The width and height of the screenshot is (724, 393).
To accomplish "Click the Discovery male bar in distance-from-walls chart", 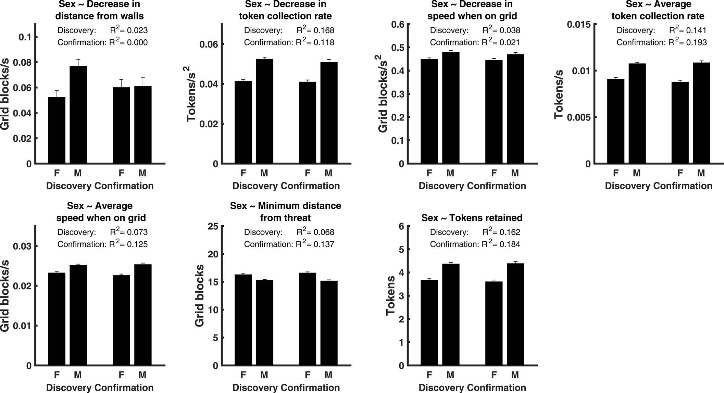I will [78, 115].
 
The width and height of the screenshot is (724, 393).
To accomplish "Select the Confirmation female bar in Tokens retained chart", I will [494, 324].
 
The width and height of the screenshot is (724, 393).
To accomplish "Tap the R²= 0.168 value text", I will [315, 30].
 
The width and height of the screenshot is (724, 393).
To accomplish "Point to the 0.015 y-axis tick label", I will [578, 24].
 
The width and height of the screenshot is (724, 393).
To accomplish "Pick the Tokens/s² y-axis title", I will [191, 94].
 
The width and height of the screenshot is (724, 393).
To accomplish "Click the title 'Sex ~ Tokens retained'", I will [472, 218].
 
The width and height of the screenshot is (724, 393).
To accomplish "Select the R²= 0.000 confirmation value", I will [129, 42].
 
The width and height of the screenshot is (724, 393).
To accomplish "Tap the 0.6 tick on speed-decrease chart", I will [398, 24].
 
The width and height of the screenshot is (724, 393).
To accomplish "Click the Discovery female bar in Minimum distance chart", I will [243, 320].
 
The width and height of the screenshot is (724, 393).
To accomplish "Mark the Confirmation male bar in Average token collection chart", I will [701, 113].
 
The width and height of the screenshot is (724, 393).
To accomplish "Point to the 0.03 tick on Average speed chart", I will [22, 246].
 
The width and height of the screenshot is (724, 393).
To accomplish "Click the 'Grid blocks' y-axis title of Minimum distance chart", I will [199, 295].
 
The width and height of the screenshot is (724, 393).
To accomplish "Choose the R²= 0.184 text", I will [501, 244].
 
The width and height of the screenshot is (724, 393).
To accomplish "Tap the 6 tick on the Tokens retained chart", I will [401, 226].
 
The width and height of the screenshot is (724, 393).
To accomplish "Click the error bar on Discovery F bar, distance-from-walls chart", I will [57, 94].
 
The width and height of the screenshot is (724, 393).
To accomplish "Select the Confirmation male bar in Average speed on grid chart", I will [143, 315].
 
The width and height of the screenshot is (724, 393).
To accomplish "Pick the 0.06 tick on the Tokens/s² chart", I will [209, 45].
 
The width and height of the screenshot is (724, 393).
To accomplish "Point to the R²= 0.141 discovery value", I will [688, 30].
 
